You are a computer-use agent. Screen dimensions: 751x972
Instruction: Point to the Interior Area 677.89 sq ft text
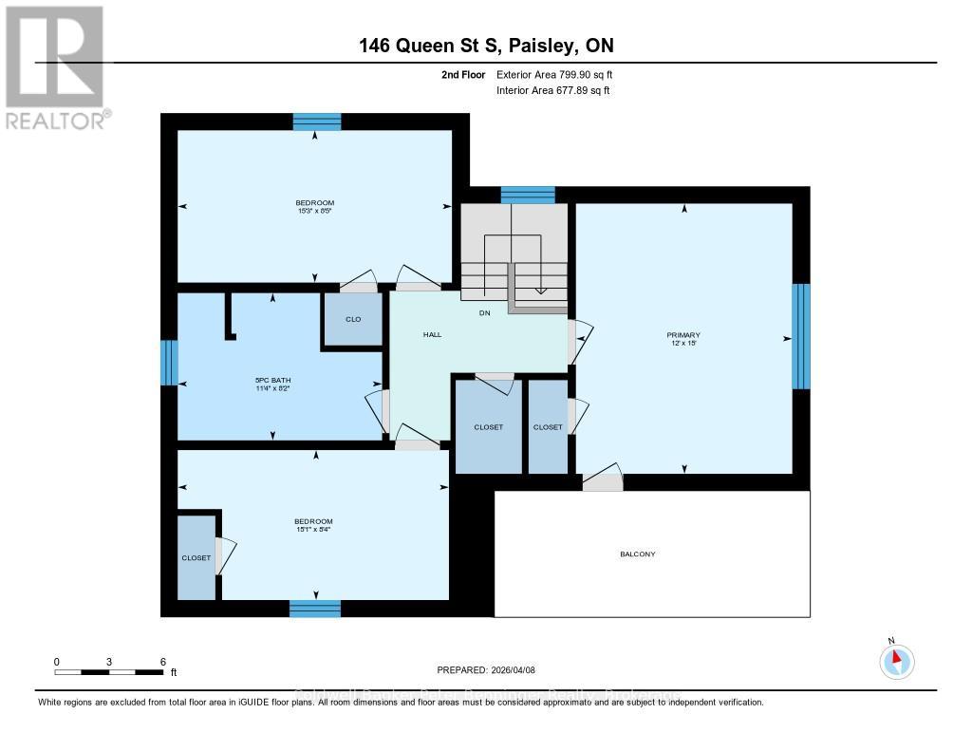[552, 91]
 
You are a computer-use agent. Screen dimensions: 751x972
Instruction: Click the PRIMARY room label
[683, 335]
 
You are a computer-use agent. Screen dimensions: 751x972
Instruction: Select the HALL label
[432, 334]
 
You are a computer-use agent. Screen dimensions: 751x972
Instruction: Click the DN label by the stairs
[484, 312]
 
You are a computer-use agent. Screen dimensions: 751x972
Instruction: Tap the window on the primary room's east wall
[801, 336]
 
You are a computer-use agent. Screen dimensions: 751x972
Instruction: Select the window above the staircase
[527, 195]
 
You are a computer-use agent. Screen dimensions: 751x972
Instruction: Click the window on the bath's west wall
[169, 363]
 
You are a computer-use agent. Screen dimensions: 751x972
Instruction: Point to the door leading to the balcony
[602, 481]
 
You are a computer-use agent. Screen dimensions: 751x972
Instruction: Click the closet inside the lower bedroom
[196, 557]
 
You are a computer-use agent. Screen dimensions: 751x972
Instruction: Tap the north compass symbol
[895, 660]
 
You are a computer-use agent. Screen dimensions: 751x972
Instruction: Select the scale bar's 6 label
[162, 661]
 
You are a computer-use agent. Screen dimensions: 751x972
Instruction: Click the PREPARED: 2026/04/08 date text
[486, 669]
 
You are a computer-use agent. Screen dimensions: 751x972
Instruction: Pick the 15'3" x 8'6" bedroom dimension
[314, 210]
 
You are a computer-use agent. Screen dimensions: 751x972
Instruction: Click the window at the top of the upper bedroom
[316, 122]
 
